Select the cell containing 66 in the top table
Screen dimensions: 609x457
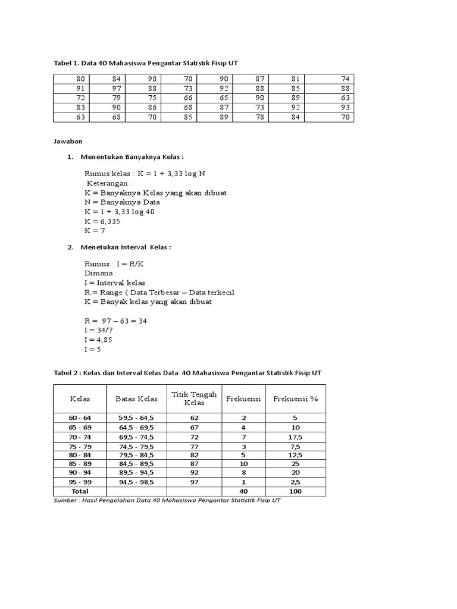tap(188, 98)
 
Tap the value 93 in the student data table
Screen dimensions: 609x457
tap(346, 107)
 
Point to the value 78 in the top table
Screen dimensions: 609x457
tap(259, 117)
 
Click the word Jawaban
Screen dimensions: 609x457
tap(67, 142)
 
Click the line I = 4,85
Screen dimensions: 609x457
tap(98, 340)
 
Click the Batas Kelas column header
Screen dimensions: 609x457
tap(136, 398)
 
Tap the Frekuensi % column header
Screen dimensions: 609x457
tap(295, 398)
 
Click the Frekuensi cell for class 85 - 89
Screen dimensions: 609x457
tap(243, 463)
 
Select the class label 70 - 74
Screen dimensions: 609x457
tap(80, 437)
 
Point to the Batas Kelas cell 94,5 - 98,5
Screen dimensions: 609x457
tap(136, 482)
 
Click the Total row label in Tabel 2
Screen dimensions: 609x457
tap(80, 491)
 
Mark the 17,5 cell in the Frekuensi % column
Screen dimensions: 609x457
tap(295, 437)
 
